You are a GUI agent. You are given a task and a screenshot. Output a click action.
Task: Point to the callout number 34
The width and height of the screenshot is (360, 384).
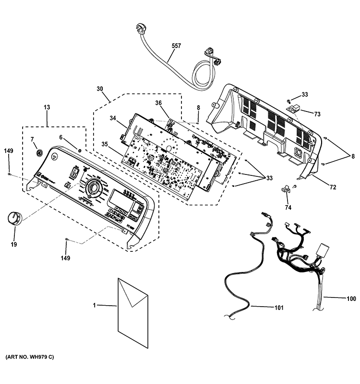(113, 118)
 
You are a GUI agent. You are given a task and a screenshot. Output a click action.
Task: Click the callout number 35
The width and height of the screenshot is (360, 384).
(105, 144)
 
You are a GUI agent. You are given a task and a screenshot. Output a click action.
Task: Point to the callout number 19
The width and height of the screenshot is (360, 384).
(13, 244)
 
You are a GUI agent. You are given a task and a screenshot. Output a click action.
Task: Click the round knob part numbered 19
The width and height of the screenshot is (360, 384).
(15, 219)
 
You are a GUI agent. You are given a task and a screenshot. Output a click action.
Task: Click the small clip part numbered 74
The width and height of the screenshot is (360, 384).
(286, 188)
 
